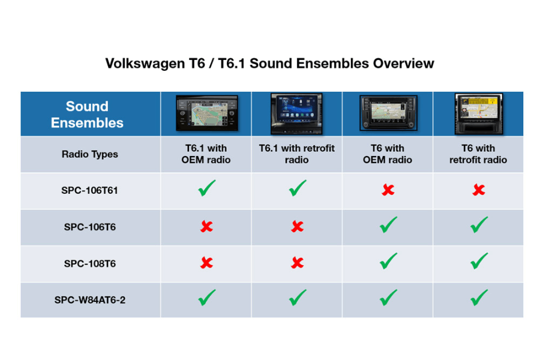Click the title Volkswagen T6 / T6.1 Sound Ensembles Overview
coord(269,64)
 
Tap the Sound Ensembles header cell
coord(87,115)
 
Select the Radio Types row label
coord(89,154)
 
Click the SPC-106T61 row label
coord(89,190)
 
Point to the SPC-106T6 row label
coord(89,227)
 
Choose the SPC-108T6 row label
coord(89,263)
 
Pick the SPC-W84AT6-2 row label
coord(89,300)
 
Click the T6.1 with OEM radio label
coord(206,154)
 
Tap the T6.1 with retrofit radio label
coord(296,154)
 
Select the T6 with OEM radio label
coord(388,154)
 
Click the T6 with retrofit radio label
coord(478,154)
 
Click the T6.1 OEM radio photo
coord(206,113)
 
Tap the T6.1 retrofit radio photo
coord(296,113)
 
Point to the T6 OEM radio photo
coord(388,113)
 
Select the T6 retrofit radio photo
coord(478,113)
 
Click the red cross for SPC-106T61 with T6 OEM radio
coord(388,190)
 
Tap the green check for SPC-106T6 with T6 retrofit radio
coord(479,224)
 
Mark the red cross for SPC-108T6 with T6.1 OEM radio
coord(206,263)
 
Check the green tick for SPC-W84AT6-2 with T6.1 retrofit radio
coord(298,298)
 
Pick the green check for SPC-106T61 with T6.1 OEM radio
coord(207,188)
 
